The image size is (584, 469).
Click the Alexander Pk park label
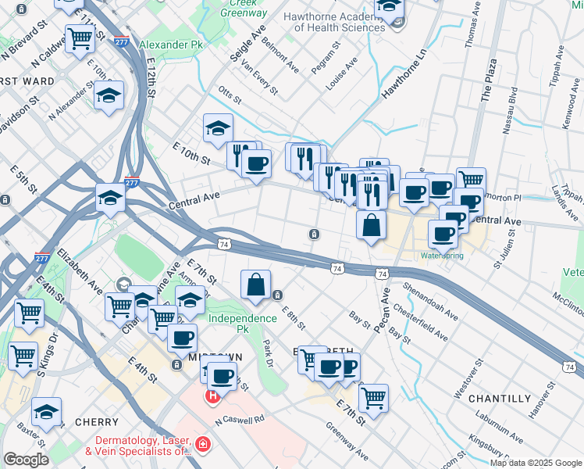coord(170,45)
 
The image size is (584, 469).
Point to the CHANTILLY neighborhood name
coord(500,399)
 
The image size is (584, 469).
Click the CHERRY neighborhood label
coord(97,422)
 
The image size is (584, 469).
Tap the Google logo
coord(26,460)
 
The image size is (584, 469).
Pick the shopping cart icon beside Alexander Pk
coord(80,39)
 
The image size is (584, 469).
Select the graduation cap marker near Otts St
coord(218,127)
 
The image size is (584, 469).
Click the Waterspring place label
coord(442,256)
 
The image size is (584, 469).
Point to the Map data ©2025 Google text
coord(535,463)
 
